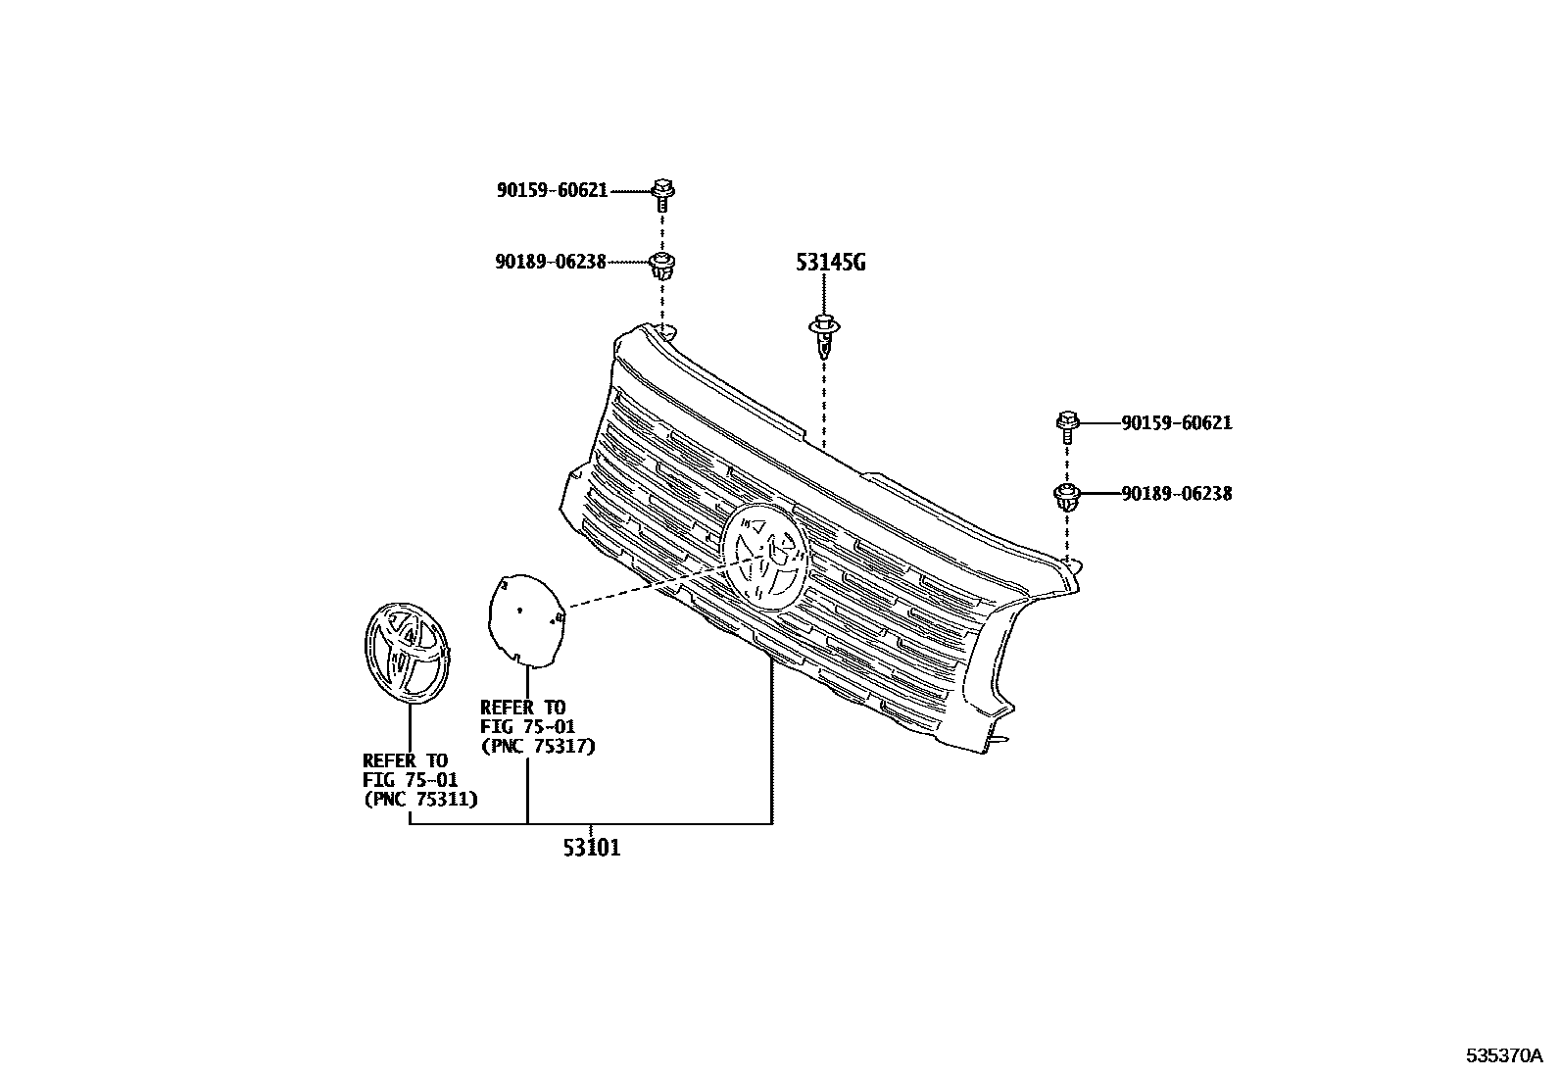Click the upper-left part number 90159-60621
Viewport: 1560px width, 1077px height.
(x=552, y=191)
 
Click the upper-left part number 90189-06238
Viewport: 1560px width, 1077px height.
(x=550, y=262)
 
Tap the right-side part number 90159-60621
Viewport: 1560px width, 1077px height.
(x=1177, y=423)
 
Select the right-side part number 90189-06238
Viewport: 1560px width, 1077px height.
(x=1177, y=494)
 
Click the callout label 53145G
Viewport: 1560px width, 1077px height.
(x=830, y=263)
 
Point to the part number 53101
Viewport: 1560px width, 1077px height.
(x=591, y=848)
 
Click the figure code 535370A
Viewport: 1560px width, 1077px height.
(x=1505, y=1055)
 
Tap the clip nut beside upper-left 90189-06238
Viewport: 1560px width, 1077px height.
(x=663, y=265)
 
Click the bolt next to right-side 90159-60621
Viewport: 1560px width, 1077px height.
(x=1066, y=424)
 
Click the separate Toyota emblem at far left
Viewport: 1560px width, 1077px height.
(x=407, y=651)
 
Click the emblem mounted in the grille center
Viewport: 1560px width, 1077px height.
(x=765, y=557)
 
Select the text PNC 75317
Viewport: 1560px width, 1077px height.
(x=537, y=746)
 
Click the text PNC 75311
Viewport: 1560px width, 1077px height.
(x=419, y=799)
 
